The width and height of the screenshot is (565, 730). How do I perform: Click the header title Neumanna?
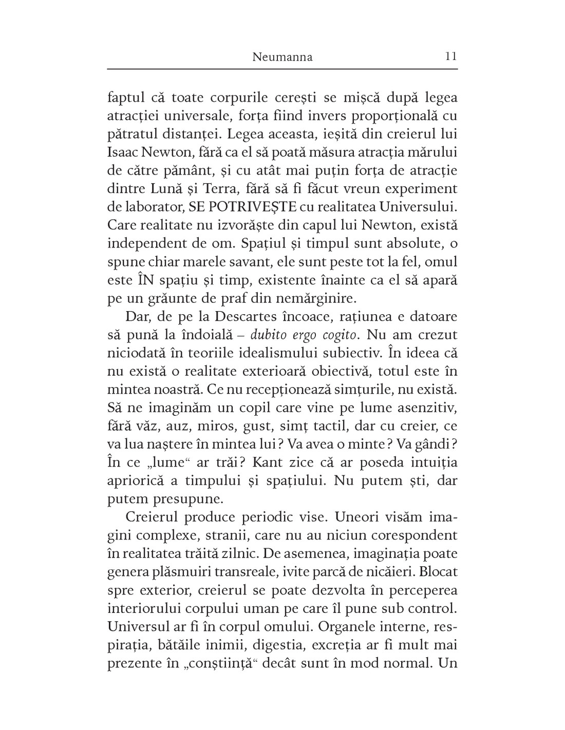tap(282, 57)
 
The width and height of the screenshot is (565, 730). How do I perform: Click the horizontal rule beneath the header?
tap(282, 68)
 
